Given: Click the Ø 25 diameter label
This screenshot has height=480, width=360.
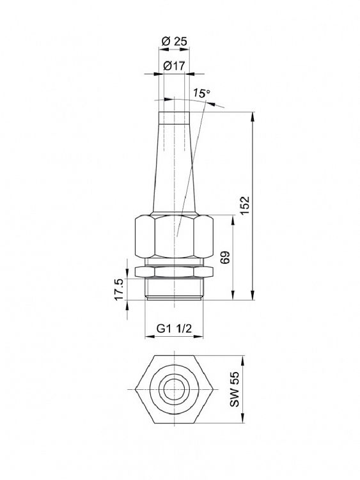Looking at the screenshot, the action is tap(174, 42).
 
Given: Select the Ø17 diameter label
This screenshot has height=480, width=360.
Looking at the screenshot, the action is tap(174, 65).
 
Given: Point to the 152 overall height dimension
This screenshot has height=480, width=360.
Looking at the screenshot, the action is tap(246, 205).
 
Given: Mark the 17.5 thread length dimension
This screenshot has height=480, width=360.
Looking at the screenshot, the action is tap(119, 289).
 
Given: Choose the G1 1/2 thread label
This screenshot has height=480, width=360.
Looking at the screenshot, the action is tap(174, 329).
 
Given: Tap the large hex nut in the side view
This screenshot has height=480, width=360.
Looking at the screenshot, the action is tap(174, 236).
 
